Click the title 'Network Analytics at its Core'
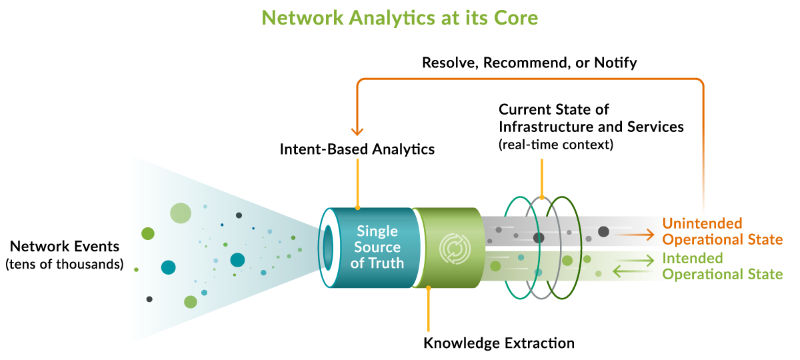click(398, 18)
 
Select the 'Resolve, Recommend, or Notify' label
click(530, 63)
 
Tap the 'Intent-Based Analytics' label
click(357, 151)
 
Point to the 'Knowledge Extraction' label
click(499, 342)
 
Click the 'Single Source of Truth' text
click(379, 247)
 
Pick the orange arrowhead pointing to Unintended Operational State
click(651, 236)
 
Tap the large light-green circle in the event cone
click(180, 212)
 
